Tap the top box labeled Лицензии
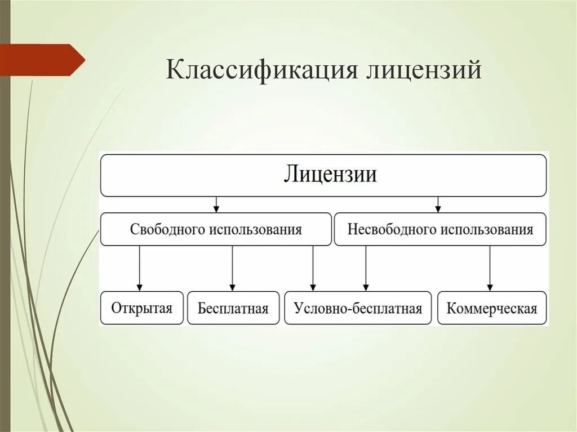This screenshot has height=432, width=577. click(323, 175)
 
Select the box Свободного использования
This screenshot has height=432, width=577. click(216, 229)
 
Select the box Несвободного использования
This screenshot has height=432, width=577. click(440, 229)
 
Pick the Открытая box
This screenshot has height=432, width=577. click(141, 308)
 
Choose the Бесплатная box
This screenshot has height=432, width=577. click(233, 308)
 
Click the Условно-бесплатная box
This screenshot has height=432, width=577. click(358, 308)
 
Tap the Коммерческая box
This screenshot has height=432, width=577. click(492, 308)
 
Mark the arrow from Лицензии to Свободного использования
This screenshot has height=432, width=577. click(216, 204)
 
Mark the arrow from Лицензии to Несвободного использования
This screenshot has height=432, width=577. click(438, 204)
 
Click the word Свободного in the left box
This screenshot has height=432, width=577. click(168, 229)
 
